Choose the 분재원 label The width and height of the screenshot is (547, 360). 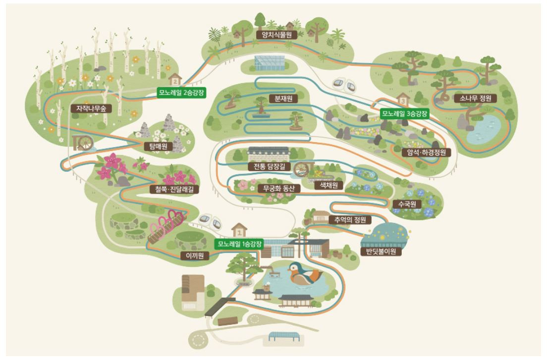pos(280,98)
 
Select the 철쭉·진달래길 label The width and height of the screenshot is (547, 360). pos(171,189)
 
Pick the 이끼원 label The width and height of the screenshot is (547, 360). pos(195,256)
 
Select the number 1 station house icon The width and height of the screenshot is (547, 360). pos(240,230)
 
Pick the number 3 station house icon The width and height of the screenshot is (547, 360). pos(403,100)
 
